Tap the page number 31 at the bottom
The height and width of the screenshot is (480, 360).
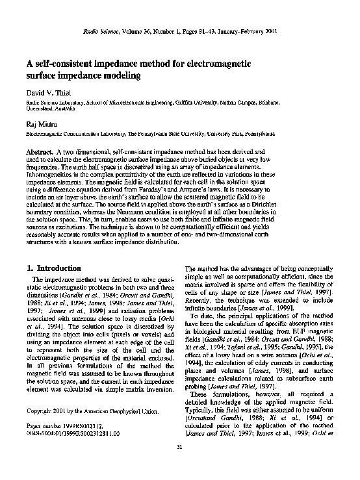tap(179, 464)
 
